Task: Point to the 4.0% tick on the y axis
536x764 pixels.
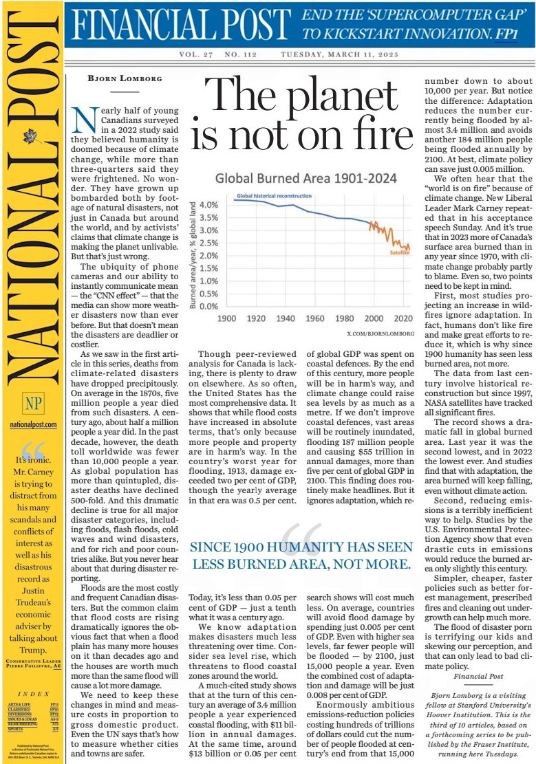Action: [x=209, y=205]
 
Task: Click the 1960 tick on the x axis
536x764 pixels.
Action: [x=315, y=319]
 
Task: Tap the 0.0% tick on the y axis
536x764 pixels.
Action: [x=209, y=307]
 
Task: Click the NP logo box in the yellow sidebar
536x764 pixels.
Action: [x=31, y=404]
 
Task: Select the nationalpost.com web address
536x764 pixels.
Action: [x=31, y=426]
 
